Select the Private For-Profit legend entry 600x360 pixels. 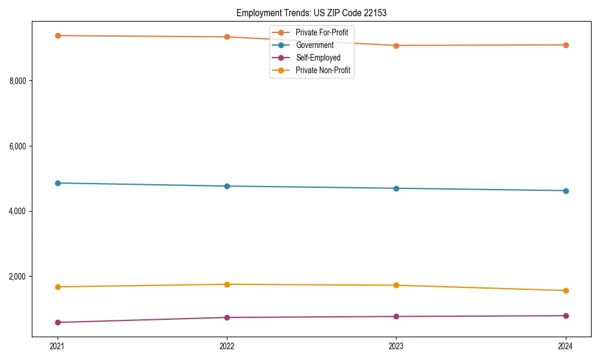322,32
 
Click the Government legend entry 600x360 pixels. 314,45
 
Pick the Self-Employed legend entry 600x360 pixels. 318,58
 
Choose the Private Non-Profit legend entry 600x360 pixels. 323,71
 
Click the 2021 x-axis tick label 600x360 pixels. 58,346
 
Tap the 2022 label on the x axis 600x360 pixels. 227,346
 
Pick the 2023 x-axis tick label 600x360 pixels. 396,346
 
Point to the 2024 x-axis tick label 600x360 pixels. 565,346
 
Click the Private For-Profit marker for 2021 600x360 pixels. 58,35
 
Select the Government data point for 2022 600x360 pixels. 227,186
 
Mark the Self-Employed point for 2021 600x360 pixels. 58,322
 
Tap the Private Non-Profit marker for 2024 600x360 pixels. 565,290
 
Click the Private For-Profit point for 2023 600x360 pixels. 396,46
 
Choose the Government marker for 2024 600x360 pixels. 565,191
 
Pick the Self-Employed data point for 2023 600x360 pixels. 396,316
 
